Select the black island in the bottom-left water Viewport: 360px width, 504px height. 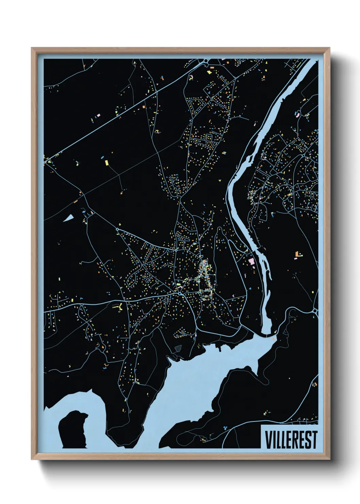tap(73, 429)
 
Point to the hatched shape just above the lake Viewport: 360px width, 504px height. tap(178, 348)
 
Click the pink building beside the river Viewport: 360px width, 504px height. tap(251, 261)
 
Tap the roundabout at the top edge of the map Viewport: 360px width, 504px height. tap(206, 61)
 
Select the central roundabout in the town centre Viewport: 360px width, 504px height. tap(180, 293)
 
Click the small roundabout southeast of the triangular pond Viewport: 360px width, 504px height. tap(117, 230)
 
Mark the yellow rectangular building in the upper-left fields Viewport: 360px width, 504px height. tap(106, 162)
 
